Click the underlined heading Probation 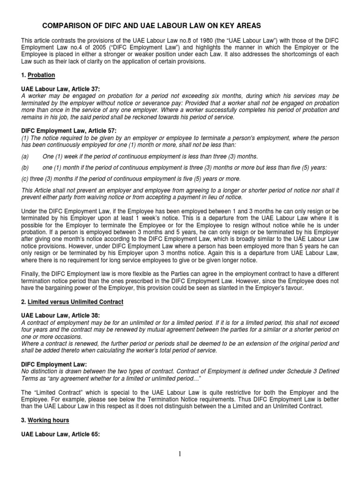coord(41,75)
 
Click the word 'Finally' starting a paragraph coord(30,275)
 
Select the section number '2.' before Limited coord(24,302)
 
